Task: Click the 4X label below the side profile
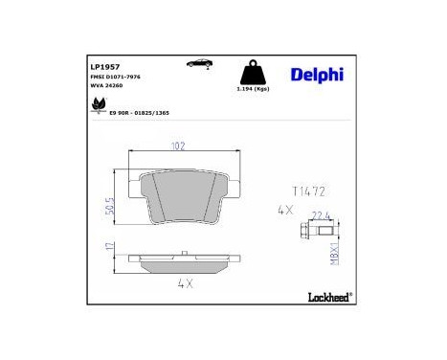coord(185,283)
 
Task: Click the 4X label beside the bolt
coord(284,209)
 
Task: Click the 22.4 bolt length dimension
coord(320,214)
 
